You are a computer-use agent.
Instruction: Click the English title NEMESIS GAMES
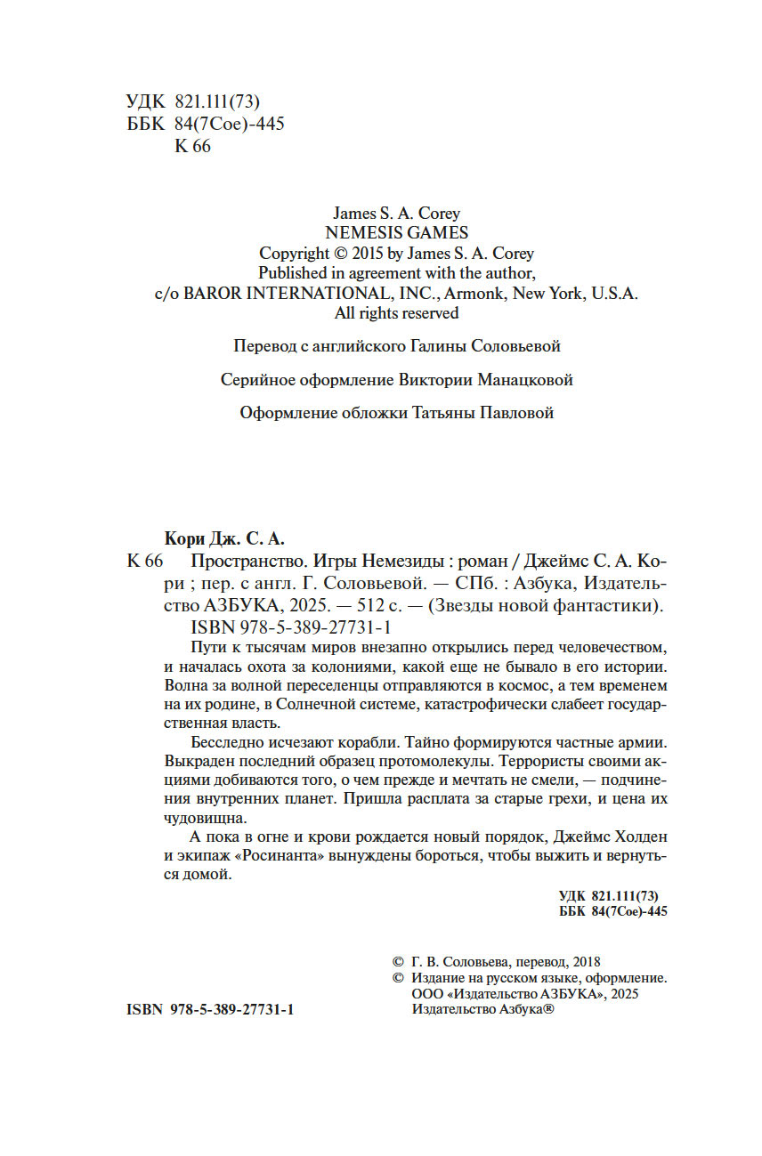coord(396,233)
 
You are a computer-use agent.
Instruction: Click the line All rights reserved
coord(396,313)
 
